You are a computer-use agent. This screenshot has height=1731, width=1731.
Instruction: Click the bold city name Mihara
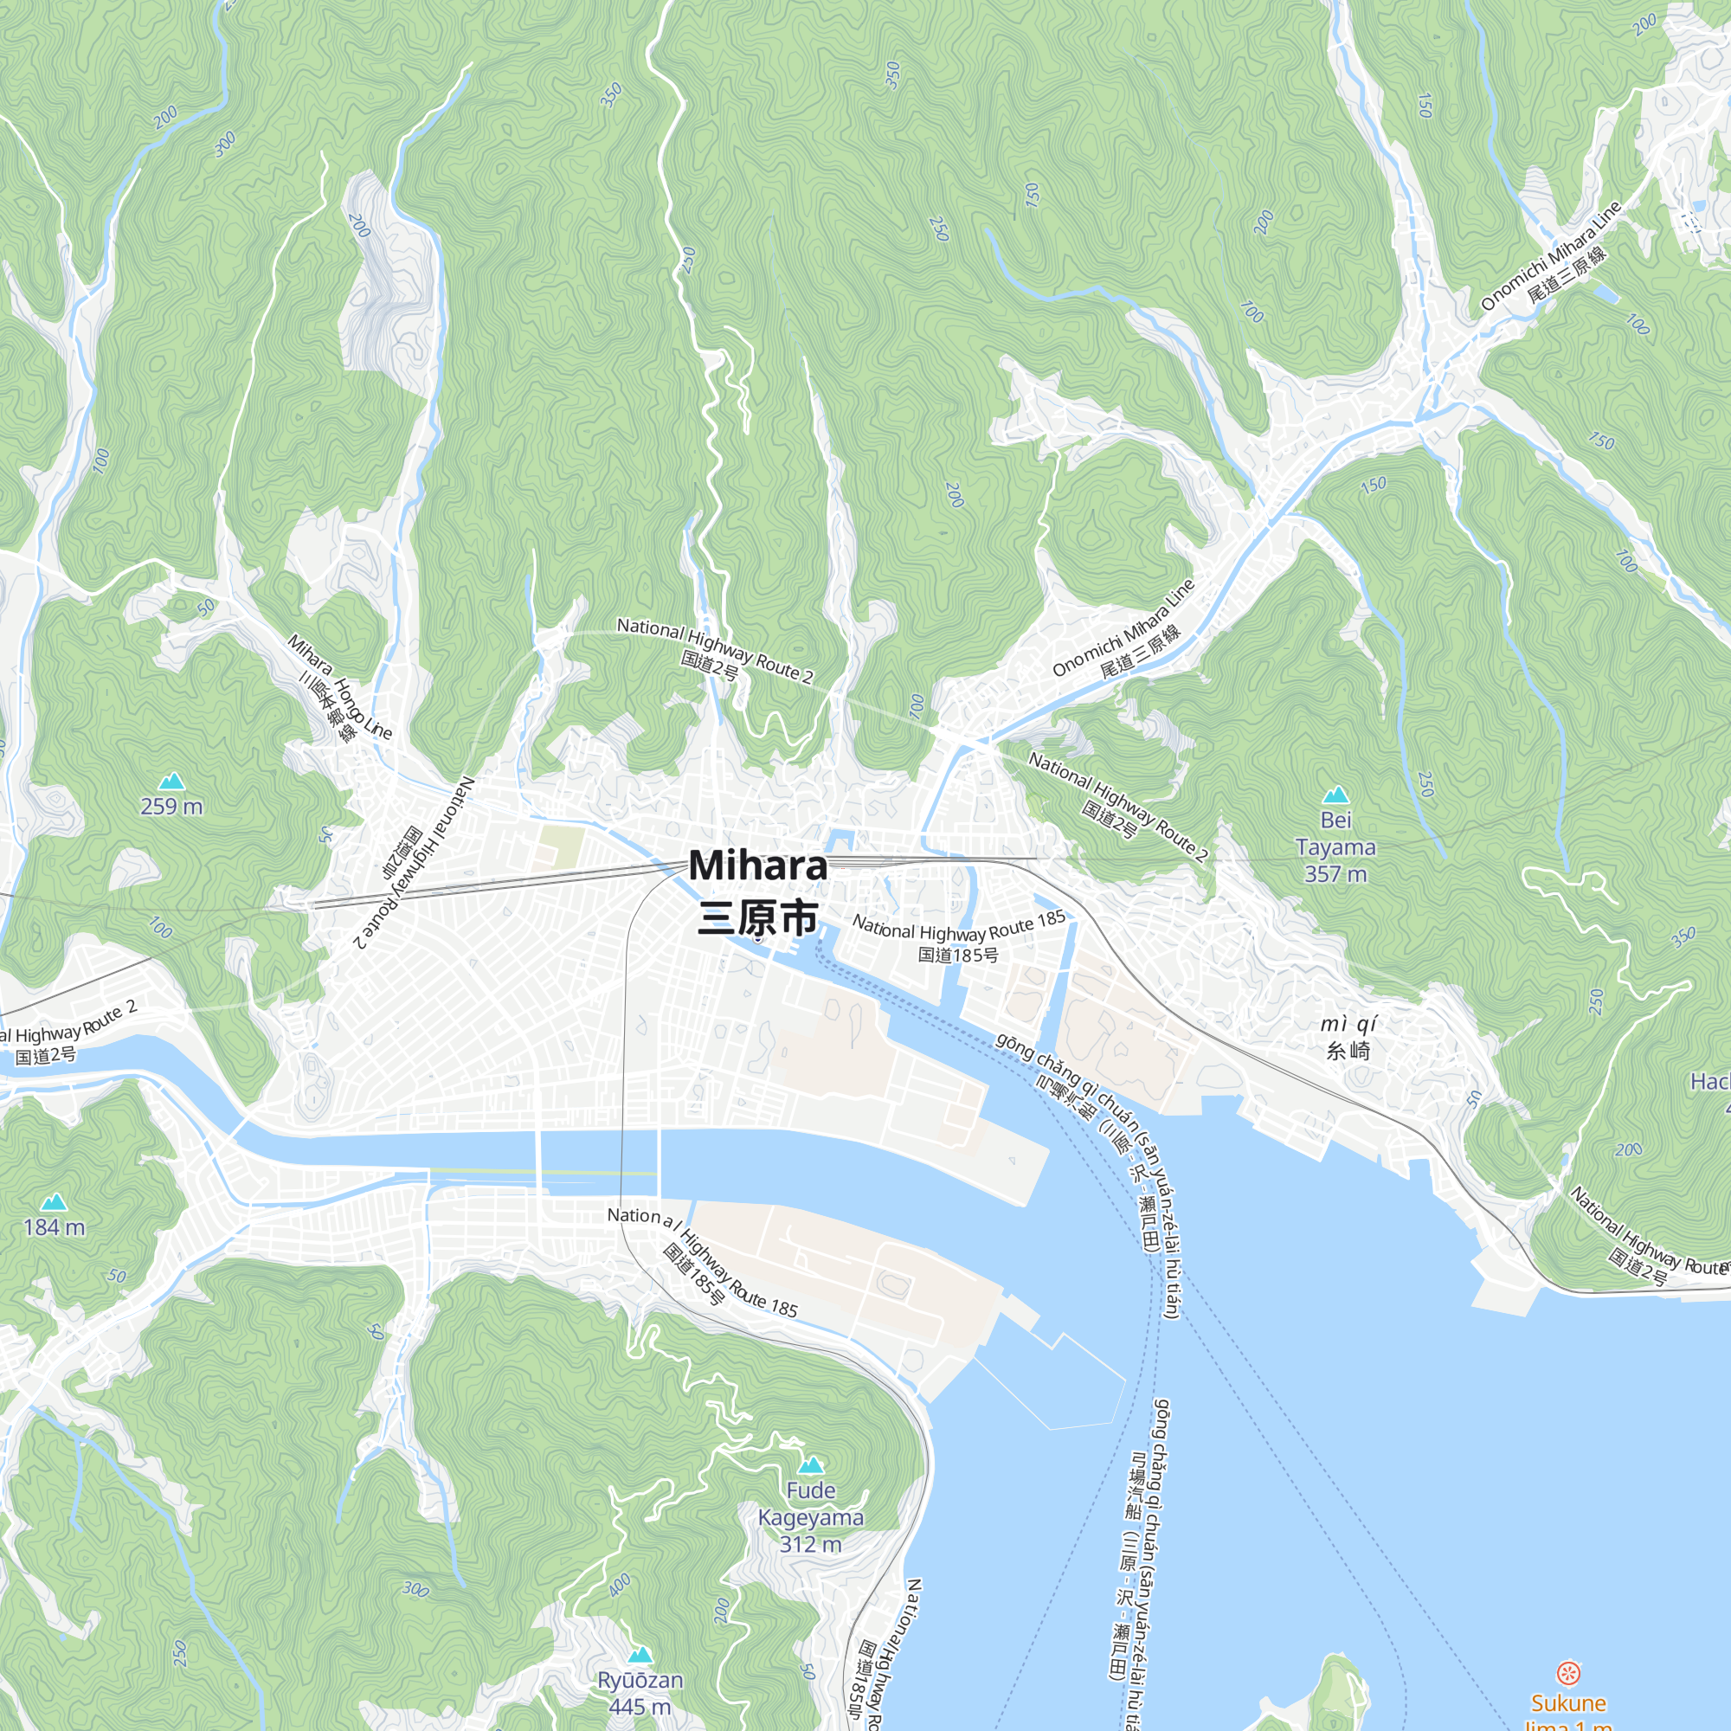(x=758, y=865)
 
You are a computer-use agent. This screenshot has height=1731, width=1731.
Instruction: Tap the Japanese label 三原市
(x=758, y=918)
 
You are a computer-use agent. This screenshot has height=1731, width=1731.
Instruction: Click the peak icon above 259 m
(x=171, y=782)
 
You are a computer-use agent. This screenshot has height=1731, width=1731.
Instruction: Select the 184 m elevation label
(x=54, y=1227)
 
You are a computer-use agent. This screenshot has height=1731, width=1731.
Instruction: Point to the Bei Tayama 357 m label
(x=1335, y=846)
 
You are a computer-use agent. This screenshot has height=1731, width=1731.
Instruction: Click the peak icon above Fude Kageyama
(x=811, y=1465)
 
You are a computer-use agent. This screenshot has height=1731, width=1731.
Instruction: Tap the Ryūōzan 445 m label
(x=640, y=1694)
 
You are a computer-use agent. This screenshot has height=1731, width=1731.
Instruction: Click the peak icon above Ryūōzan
(x=640, y=1654)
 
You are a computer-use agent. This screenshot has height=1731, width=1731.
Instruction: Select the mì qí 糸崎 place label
(x=1348, y=1038)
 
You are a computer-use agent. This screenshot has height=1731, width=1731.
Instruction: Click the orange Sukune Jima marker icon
(x=1567, y=1672)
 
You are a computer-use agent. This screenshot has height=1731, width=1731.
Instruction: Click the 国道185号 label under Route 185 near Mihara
(x=958, y=956)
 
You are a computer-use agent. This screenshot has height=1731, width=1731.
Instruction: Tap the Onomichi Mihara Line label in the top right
(x=1551, y=254)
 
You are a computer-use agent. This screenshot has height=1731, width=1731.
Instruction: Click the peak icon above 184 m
(x=54, y=1201)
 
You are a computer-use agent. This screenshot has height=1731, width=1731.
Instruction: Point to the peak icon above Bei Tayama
(x=1335, y=795)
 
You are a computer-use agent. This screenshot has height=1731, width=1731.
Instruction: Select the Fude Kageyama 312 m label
(x=811, y=1517)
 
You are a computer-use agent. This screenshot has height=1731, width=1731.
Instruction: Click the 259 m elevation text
(x=171, y=807)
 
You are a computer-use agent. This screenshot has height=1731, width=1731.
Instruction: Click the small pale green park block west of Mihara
(x=562, y=846)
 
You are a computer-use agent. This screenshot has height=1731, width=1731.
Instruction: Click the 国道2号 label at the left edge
(x=45, y=1055)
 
